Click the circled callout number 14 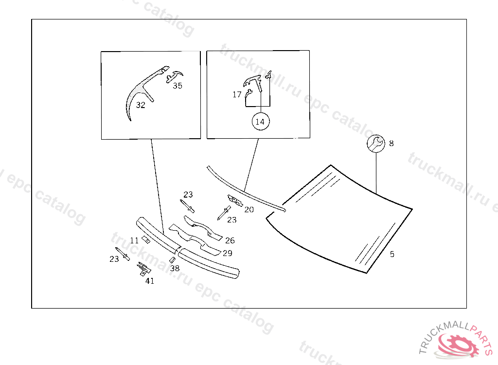[x=260, y=122]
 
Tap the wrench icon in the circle [x=376, y=144]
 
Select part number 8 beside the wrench [x=391, y=144]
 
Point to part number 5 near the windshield [x=392, y=254]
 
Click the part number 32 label [x=141, y=105]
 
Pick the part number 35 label [x=178, y=86]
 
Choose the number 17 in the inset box [x=237, y=94]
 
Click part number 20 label [x=249, y=209]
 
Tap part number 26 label [x=230, y=240]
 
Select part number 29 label [x=228, y=253]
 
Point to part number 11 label [x=134, y=240]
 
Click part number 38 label [x=175, y=268]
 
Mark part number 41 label [x=150, y=281]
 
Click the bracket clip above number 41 [x=144, y=269]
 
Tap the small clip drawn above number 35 [x=175, y=76]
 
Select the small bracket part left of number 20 [x=235, y=201]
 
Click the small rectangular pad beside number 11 [x=146, y=239]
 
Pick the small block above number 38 [x=173, y=259]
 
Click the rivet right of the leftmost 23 [x=123, y=254]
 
